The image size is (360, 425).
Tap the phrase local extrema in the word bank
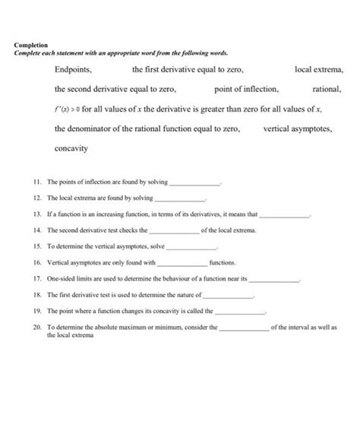pos(319,70)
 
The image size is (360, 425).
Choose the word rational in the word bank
pos(328,90)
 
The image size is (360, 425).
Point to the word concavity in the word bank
pos(71,149)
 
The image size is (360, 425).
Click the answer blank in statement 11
pos(196,185)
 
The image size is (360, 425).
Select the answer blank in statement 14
pos(175,231)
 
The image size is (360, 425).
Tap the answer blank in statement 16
pos(182,263)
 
